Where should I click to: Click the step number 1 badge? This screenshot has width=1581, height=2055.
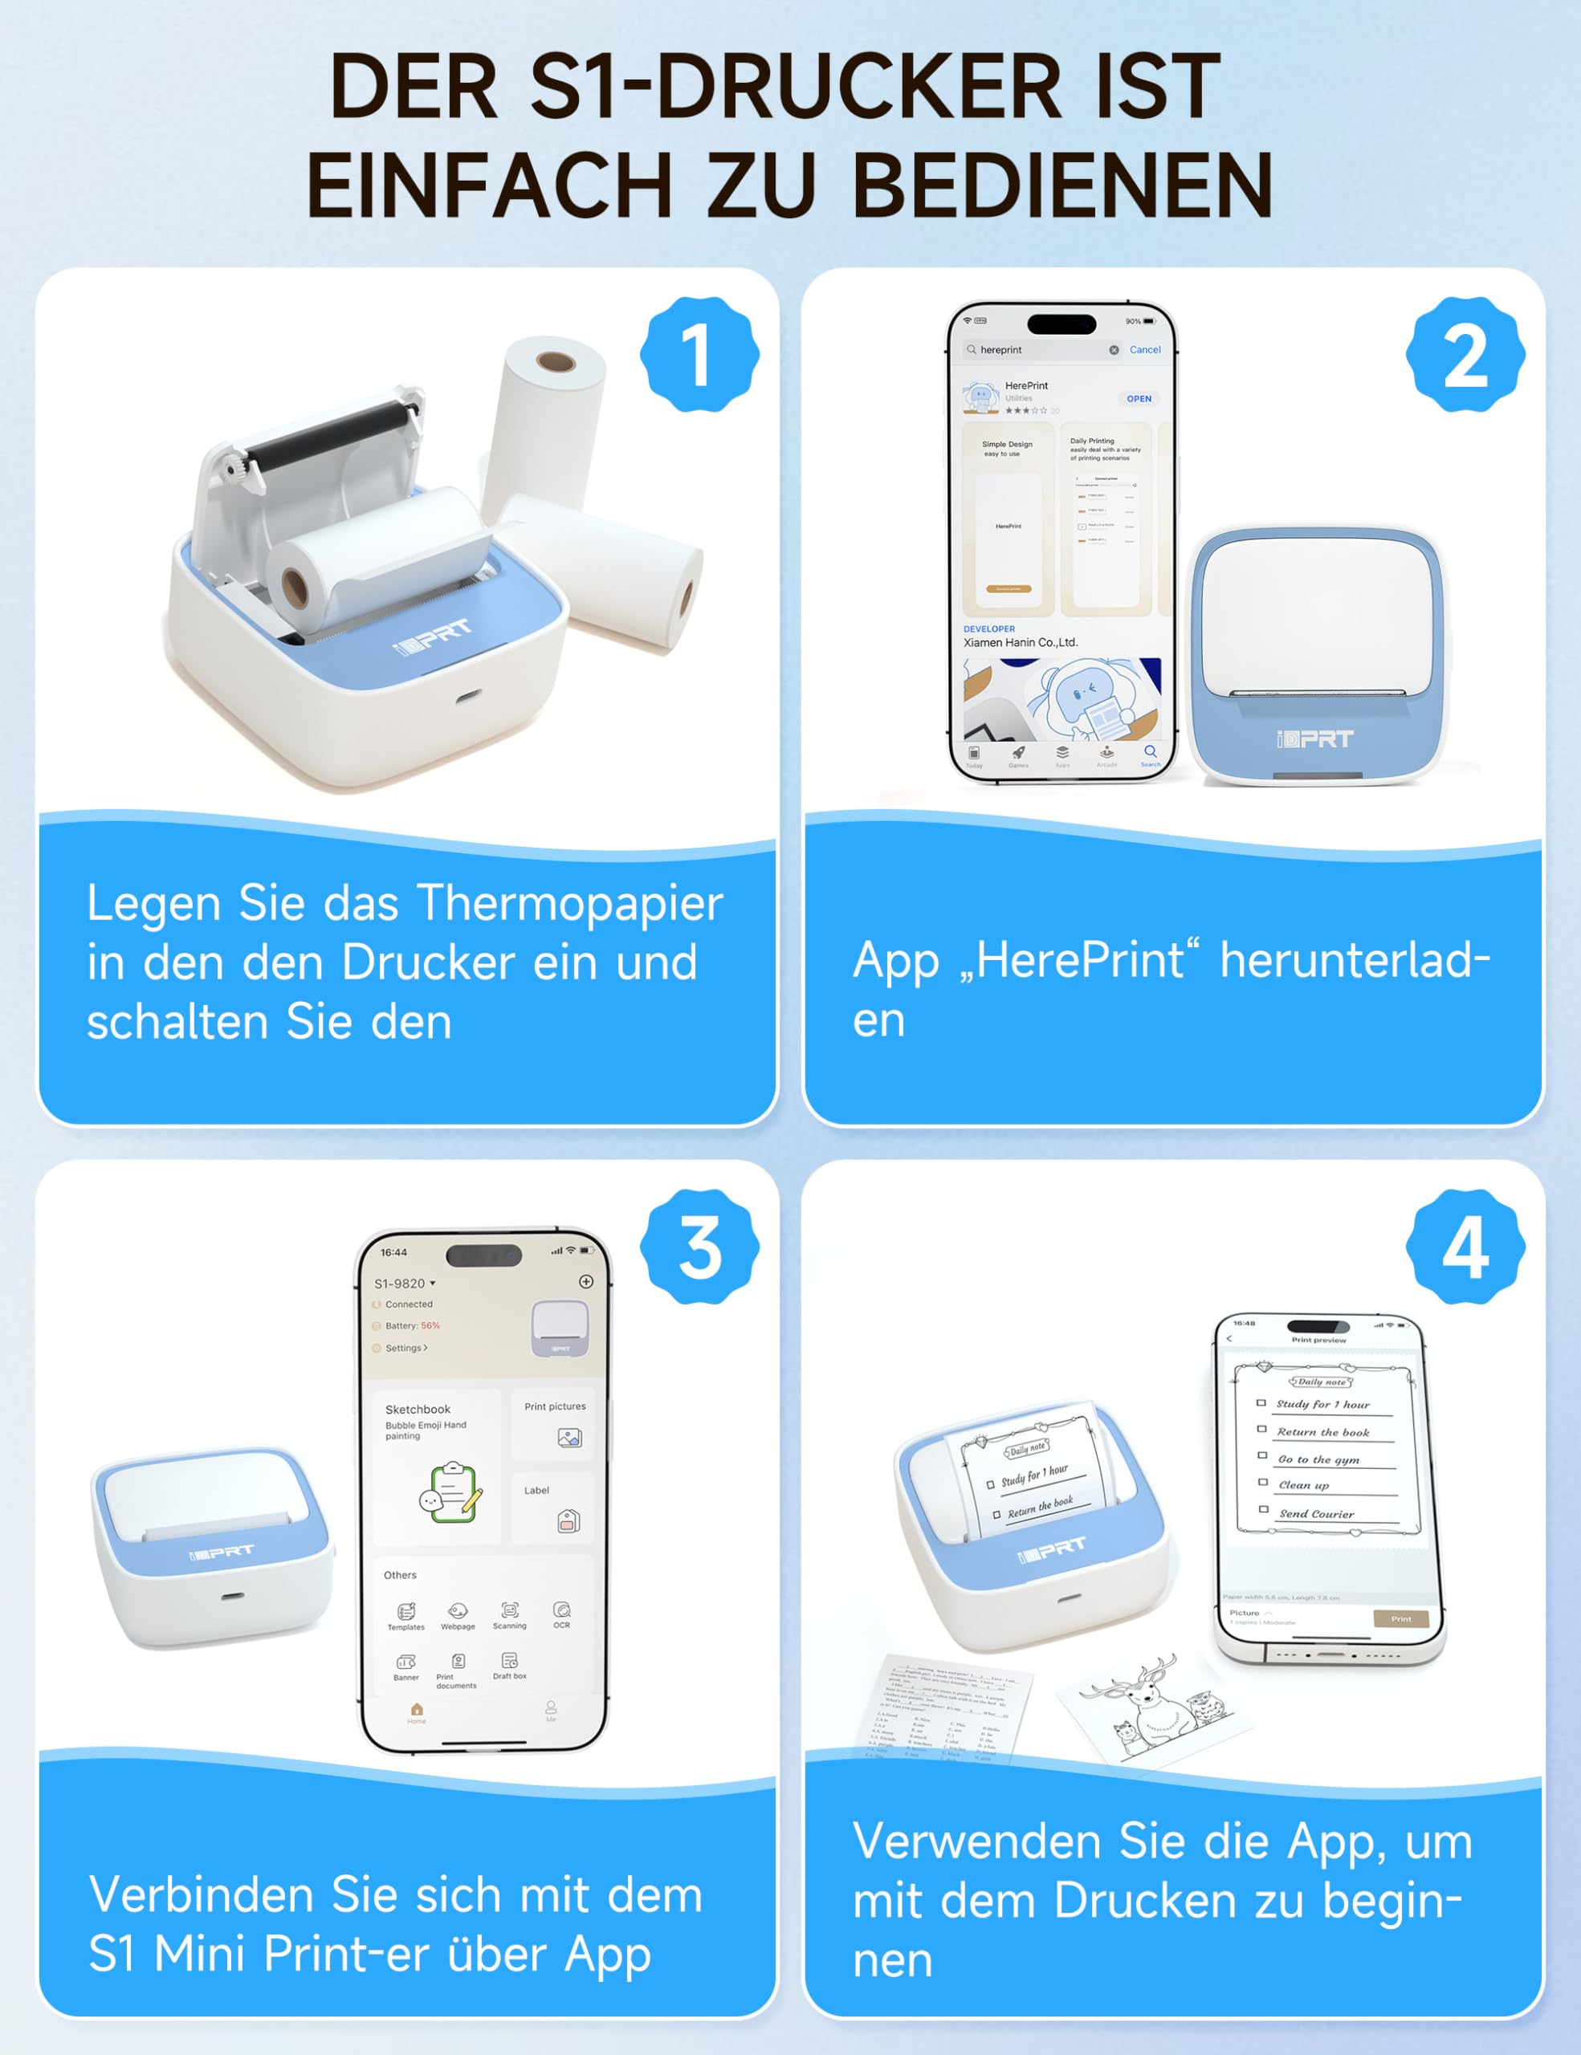pos(699,355)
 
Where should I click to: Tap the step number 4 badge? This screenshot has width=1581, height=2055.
pos(1465,1247)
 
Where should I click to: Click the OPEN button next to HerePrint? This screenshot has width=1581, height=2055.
pos(1139,399)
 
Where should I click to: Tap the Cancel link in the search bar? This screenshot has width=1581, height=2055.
pos(1144,350)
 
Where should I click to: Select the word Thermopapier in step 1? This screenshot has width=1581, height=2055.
pos(570,903)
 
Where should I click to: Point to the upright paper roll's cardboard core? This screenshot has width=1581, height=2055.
pos(555,362)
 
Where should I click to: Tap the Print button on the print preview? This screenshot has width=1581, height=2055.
pos(1400,1619)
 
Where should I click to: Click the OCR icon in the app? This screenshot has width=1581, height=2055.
pos(562,1610)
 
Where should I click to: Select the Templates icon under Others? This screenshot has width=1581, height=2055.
pos(405,1612)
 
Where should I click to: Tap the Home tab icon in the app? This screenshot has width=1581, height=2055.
pos(417,1710)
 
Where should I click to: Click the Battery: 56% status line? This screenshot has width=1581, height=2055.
pos(412,1326)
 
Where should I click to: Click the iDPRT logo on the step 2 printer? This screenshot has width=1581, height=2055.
pos(1314,739)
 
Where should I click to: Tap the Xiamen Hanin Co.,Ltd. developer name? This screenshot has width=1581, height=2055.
pos(1020,643)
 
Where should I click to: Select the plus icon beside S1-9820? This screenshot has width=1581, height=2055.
pos(585,1281)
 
